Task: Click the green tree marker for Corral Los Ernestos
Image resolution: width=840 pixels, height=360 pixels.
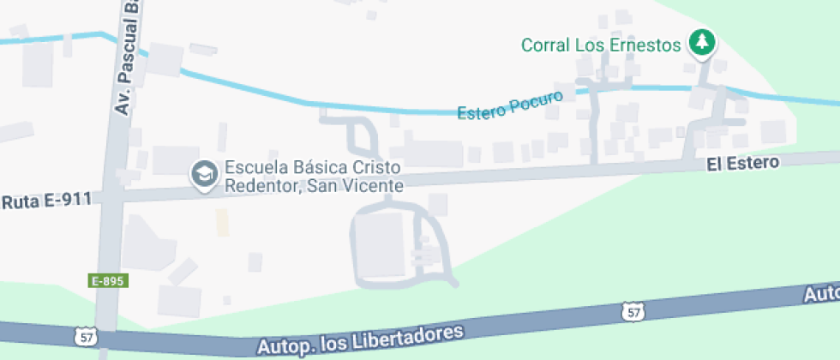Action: (702, 42)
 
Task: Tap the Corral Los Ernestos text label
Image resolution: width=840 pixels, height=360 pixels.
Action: (601, 45)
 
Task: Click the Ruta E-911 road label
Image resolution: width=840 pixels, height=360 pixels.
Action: (46, 202)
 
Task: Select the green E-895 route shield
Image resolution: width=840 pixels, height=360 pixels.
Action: (109, 280)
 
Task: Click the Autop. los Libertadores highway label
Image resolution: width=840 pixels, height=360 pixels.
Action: (359, 339)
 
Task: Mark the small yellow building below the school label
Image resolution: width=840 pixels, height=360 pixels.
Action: (223, 222)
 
